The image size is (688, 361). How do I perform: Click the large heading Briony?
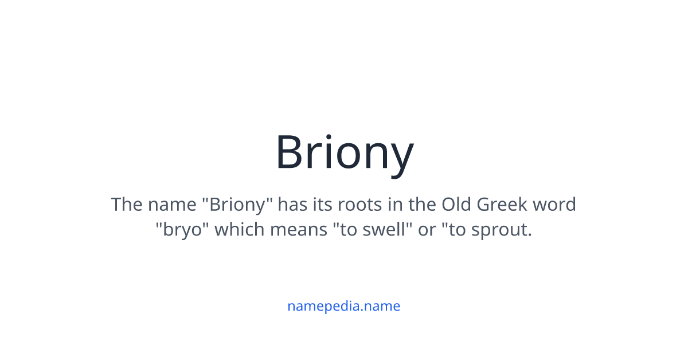click(344, 152)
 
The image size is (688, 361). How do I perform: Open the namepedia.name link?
click(344, 306)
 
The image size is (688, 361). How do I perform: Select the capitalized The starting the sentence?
click(126, 205)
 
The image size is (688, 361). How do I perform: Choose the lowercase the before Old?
click(422, 205)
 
